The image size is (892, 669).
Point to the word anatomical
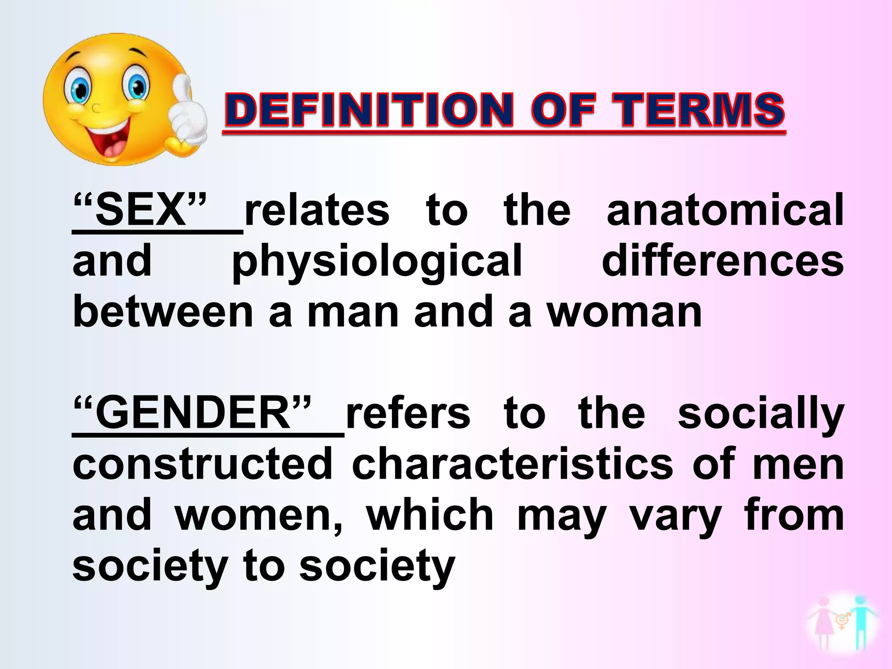click(725, 210)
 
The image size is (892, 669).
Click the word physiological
click(377, 261)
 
